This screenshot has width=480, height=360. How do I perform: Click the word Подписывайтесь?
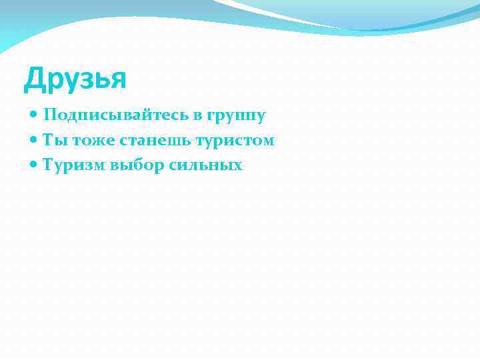[x=117, y=115]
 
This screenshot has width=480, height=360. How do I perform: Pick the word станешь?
[x=145, y=140]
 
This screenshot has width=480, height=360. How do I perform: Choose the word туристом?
[x=234, y=140]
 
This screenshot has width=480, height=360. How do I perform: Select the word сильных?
[x=206, y=165]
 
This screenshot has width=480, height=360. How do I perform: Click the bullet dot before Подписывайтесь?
[x=35, y=116]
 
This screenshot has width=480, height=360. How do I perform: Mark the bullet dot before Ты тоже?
[x=35, y=141]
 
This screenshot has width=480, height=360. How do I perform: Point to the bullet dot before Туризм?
[x=35, y=165]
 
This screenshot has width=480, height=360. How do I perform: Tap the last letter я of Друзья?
[x=117, y=81]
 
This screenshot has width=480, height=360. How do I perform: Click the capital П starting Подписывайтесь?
[x=49, y=115]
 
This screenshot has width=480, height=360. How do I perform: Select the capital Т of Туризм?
[x=48, y=164]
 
